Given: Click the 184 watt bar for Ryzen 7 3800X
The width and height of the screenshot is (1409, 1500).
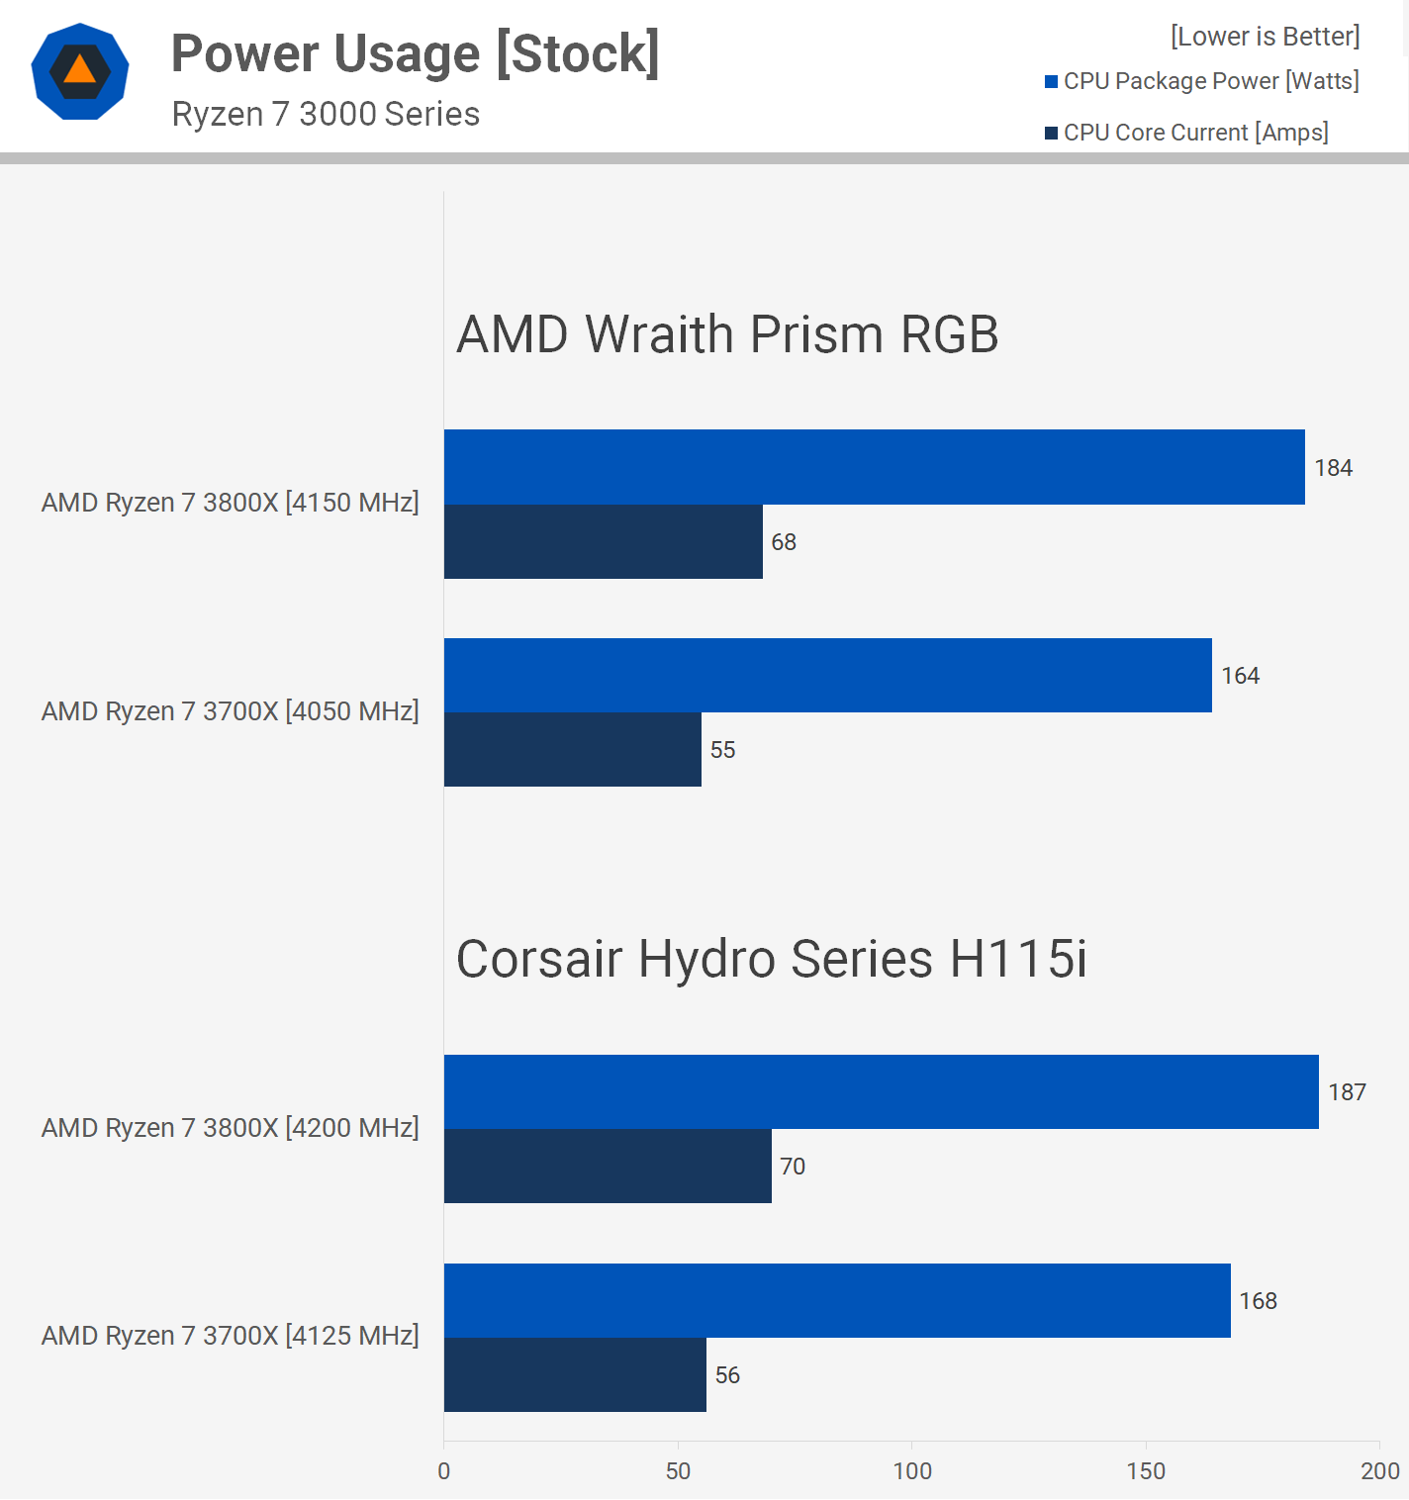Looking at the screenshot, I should point(874,467).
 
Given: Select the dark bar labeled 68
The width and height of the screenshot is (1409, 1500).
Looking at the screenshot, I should point(603,542).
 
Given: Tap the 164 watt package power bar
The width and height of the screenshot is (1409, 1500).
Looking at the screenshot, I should point(827,676).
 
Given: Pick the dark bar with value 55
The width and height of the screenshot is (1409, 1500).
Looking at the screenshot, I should point(572,750).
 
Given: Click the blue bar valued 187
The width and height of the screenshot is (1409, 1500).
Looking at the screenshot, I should point(881,1092).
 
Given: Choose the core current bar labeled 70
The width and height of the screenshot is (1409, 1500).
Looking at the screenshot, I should point(608,1167).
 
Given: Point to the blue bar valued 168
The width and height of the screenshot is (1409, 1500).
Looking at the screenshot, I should point(837,1301).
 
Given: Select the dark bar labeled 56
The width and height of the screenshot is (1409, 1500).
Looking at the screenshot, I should point(575,1375).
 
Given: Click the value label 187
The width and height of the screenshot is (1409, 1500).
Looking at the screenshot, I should point(1347,1092).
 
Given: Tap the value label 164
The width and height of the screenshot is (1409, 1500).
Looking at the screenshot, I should point(1240,676).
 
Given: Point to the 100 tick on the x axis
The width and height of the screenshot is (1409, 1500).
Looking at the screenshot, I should point(912,1471).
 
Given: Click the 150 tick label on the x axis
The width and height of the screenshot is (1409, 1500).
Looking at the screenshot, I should point(1146,1471).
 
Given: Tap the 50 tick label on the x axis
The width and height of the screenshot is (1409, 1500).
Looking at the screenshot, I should point(678,1471).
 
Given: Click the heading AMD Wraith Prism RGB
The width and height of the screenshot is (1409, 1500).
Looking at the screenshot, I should point(727,334).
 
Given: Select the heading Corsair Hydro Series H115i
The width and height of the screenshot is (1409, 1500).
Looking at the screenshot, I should point(772,959).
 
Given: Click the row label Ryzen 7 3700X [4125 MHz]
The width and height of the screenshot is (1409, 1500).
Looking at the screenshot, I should point(230,1336).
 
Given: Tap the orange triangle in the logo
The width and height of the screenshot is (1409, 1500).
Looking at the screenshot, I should point(80,70).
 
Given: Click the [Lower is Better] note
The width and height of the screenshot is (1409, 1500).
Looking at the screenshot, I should point(1265,37).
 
